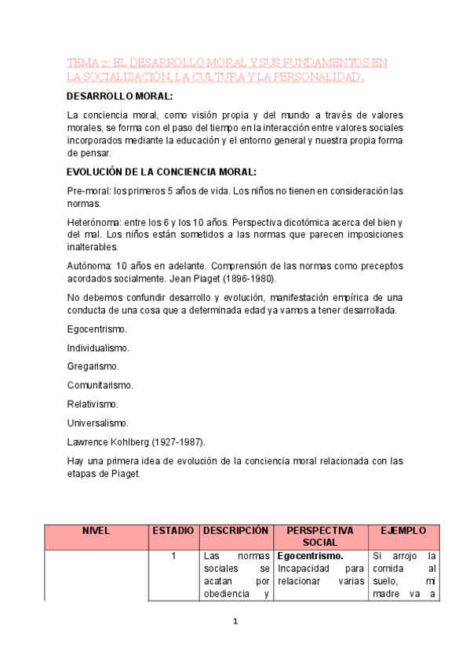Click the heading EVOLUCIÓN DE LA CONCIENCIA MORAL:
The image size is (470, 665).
(x=162, y=172)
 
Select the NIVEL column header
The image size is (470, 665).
(x=96, y=531)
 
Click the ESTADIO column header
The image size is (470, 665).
(x=173, y=531)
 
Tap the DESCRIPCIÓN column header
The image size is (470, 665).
(x=235, y=531)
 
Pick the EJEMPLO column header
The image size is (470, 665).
(x=403, y=531)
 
